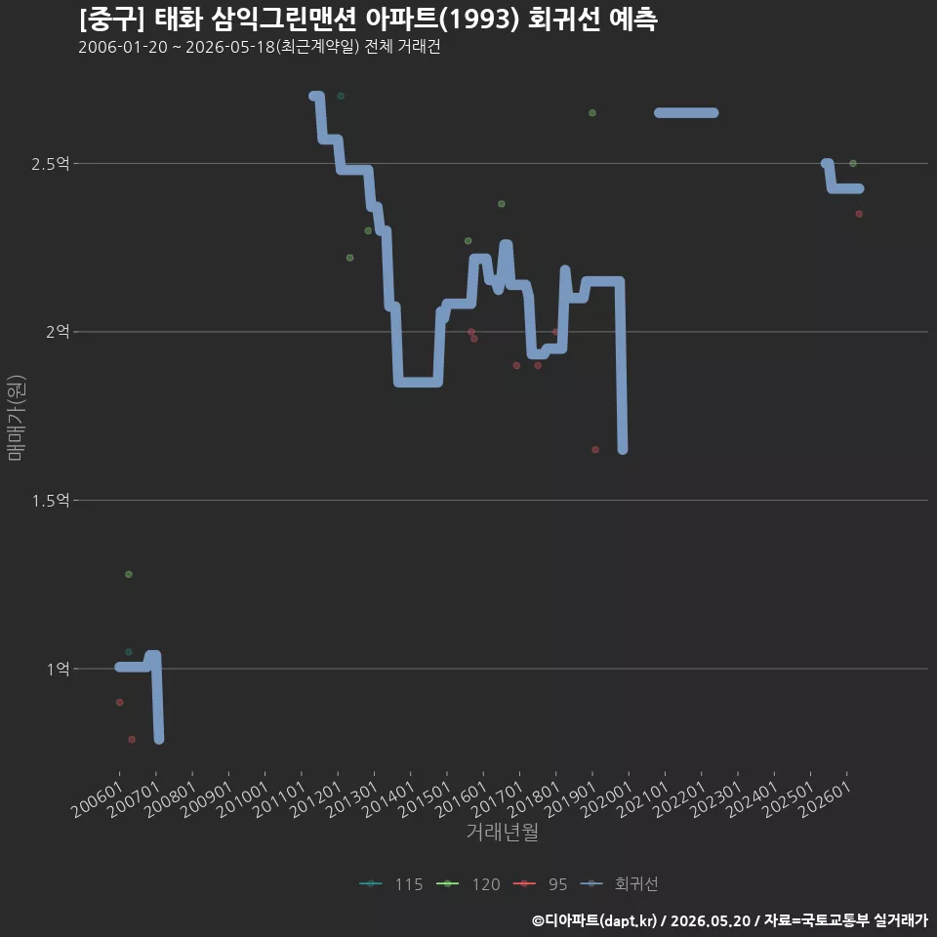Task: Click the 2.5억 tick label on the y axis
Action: click(50, 164)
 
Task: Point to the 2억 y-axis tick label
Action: click(58, 332)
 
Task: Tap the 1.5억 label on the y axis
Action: click(50, 501)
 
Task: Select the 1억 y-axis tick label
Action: click(58, 670)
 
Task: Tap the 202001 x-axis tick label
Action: click(607, 799)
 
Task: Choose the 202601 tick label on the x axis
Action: click(826, 799)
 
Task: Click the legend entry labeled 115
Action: click(391, 884)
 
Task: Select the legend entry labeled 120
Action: click(468, 884)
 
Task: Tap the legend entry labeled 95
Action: click(540, 884)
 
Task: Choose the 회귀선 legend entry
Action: click(619, 884)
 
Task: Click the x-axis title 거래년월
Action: click(502, 832)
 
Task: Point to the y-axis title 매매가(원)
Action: click(17, 418)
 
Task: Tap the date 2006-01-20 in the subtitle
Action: click(123, 47)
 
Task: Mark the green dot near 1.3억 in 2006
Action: click(129, 574)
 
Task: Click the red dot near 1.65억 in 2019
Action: click(595, 449)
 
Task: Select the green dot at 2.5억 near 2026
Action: click(853, 163)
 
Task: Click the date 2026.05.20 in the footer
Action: click(710, 920)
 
